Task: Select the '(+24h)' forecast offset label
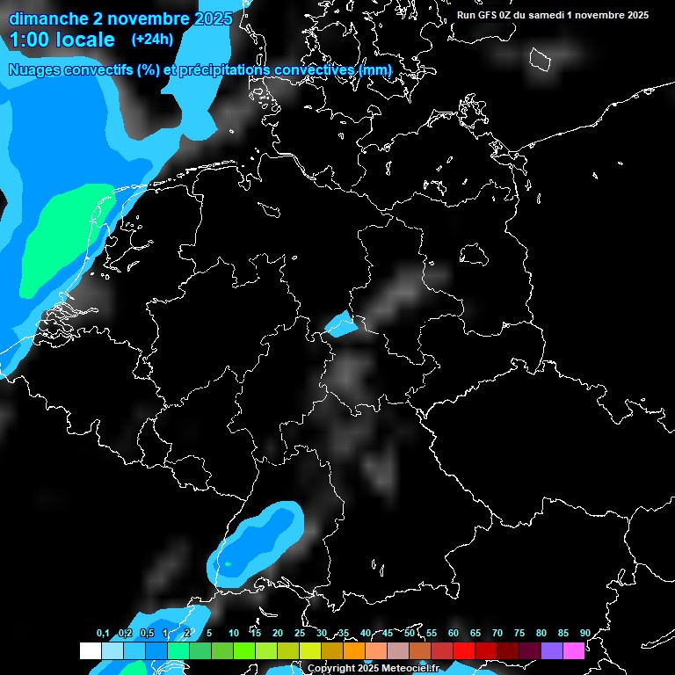[152, 39]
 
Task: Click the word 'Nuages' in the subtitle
[36, 70]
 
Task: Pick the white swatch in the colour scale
[91, 650]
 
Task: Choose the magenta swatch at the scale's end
[574, 650]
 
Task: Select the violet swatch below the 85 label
[552, 650]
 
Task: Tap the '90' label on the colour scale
[584, 634]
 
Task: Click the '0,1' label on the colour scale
[103, 634]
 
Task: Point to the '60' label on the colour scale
[453, 634]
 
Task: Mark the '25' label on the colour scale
[299, 634]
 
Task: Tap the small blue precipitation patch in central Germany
[341, 326]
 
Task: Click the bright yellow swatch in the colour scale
[310, 650]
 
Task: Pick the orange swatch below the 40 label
[354, 650]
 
